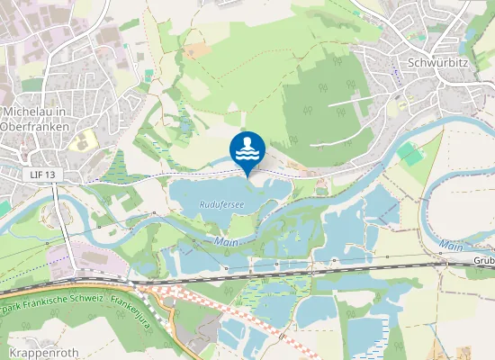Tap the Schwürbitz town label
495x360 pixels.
coord(439,63)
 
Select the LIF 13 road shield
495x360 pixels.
coord(42,173)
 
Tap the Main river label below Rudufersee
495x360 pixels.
coord(225,241)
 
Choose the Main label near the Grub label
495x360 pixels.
coord(449,245)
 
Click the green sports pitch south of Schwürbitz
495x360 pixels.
coord(410,154)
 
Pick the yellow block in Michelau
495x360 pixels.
coord(82,141)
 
